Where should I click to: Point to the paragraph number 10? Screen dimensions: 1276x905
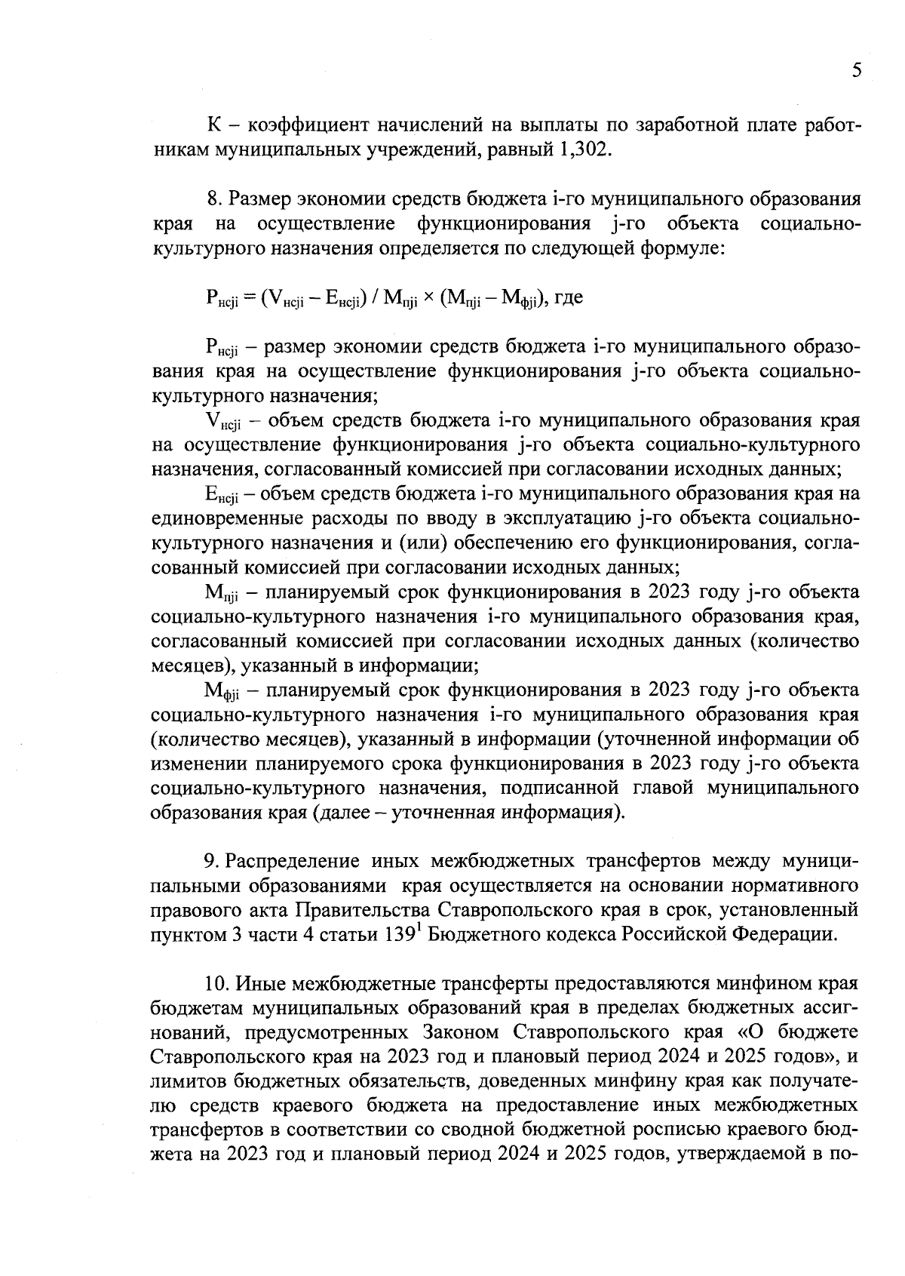coord(217,984)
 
